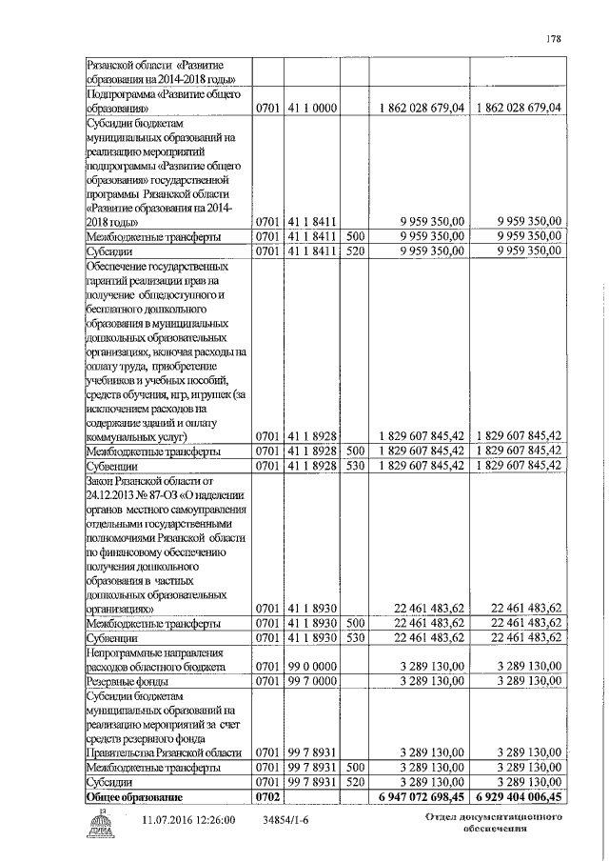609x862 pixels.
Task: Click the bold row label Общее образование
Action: pos(132,795)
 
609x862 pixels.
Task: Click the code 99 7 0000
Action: pos(310,682)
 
